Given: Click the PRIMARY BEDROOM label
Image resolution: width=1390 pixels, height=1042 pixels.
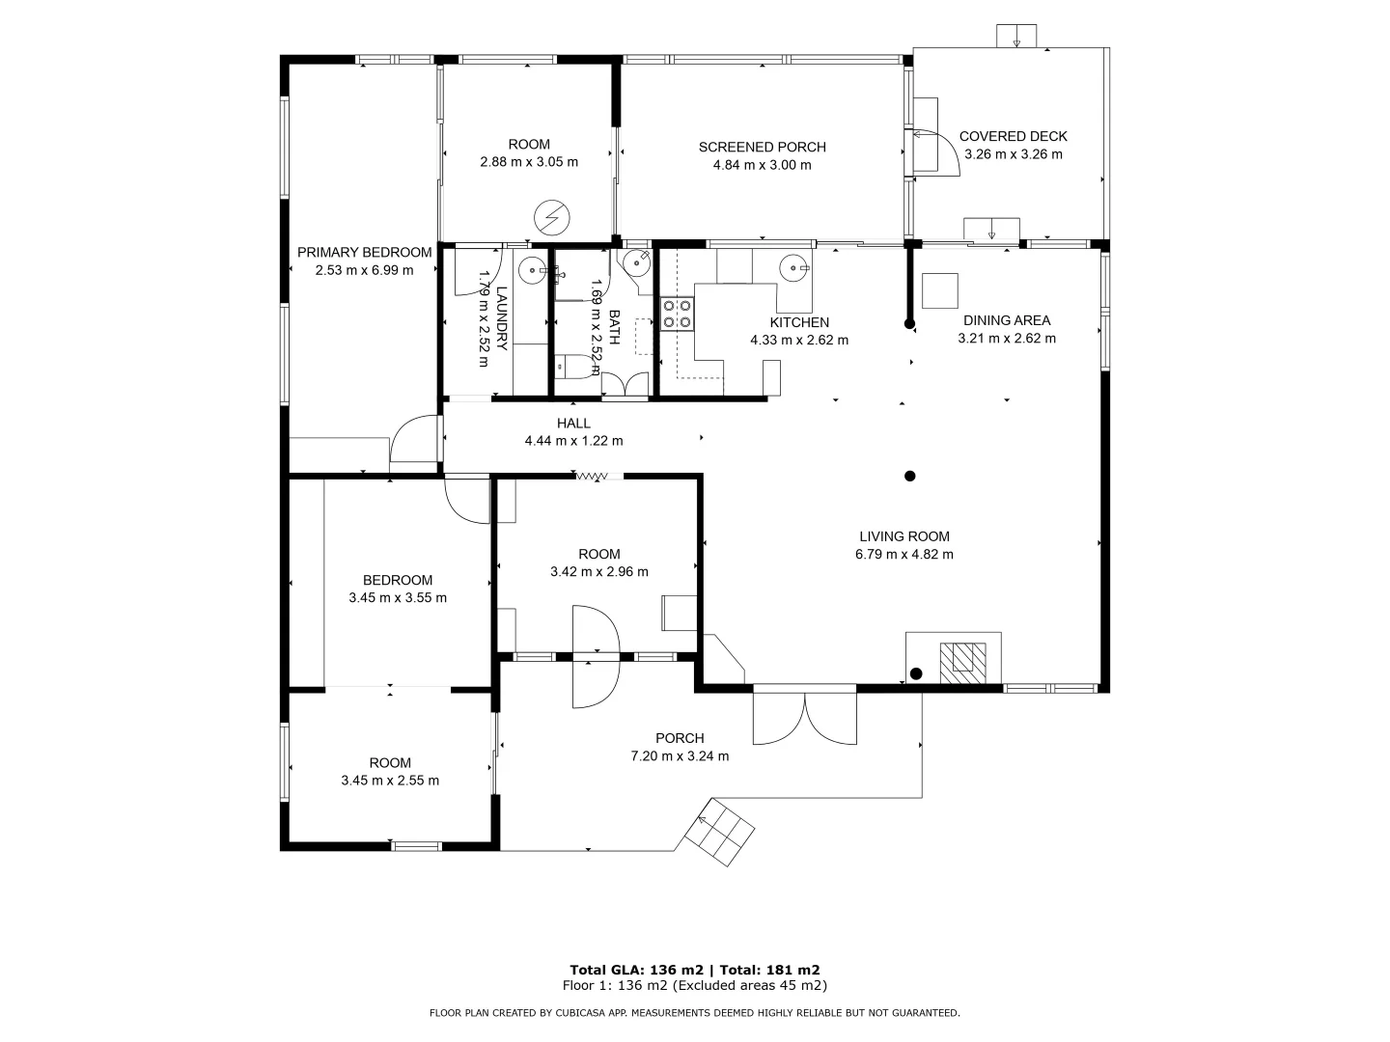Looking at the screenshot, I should click(364, 253).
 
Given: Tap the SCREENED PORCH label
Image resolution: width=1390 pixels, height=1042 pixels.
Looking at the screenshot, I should click(762, 148).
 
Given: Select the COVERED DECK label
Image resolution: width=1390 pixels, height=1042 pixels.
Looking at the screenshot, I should click(1013, 137).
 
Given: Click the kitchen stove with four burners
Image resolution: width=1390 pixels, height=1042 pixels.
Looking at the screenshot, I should click(677, 314).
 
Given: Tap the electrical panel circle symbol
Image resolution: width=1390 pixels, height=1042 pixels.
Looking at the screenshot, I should click(552, 217).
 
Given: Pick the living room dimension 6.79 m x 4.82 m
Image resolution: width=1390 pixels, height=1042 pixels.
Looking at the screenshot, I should click(903, 555).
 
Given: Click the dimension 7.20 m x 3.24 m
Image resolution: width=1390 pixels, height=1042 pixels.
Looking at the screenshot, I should click(680, 756).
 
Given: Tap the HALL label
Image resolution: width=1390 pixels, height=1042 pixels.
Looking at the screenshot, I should click(573, 424).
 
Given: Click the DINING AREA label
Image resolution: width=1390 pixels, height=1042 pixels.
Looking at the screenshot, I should click(1006, 320).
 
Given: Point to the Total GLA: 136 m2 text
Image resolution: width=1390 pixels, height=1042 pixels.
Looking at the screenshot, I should click(638, 970).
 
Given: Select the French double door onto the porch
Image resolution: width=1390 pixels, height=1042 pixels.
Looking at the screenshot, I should click(805, 717).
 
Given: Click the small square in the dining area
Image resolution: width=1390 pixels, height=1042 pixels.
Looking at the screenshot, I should click(939, 290).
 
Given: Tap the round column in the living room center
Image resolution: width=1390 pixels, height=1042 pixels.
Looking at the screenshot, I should click(909, 476).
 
